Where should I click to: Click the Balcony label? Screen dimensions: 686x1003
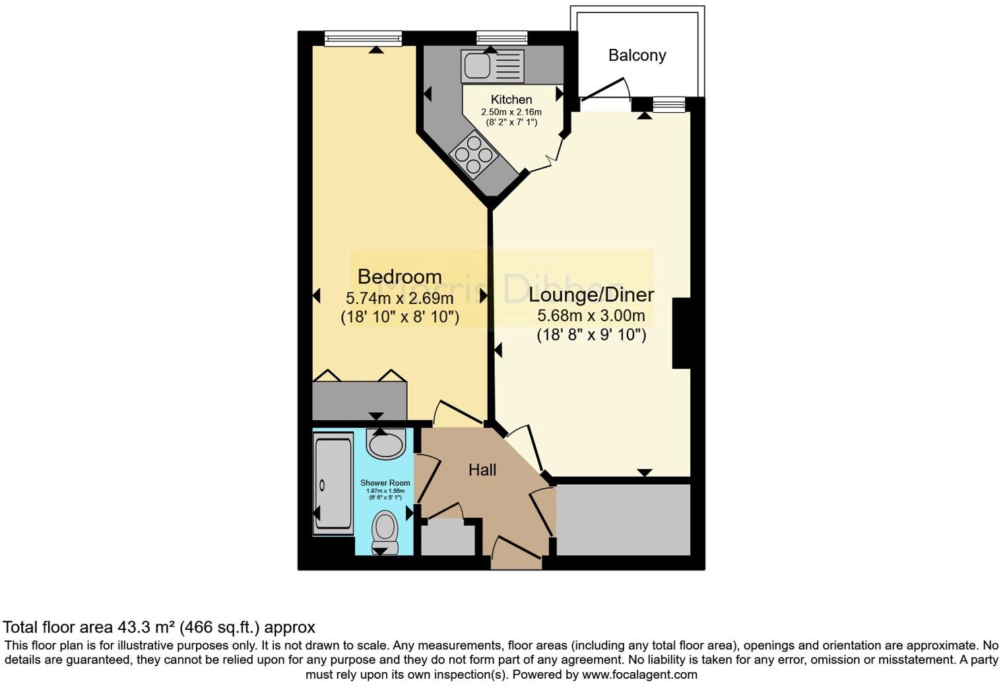pyautogui.click(x=637, y=55)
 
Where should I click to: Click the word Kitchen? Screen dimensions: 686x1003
pyautogui.click(x=511, y=100)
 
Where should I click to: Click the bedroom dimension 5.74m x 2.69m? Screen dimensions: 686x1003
pyautogui.click(x=399, y=298)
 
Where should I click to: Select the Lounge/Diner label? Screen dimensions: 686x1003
pyautogui.click(x=591, y=295)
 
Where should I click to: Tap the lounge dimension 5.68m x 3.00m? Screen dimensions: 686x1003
pyautogui.click(x=591, y=316)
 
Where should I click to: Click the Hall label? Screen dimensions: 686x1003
pyautogui.click(x=482, y=470)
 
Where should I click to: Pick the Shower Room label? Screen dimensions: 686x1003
pyautogui.click(x=385, y=483)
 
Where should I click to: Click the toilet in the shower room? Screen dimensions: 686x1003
pyautogui.click(x=385, y=530)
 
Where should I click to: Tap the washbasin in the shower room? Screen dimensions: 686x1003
pyautogui.click(x=387, y=444)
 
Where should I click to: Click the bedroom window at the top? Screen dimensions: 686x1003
pyautogui.click(x=363, y=40)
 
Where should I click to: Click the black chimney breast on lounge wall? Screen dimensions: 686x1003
pyautogui.click(x=681, y=333)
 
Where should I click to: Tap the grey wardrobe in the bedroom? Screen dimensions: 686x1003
pyautogui.click(x=360, y=400)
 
